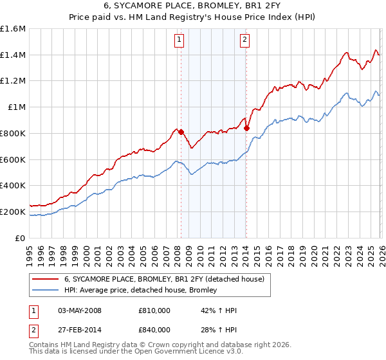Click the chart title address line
coord(192,6)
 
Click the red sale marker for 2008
coord(181,132)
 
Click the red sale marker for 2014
coord(246,128)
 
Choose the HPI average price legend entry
coord(140,291)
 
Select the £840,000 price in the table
coord(154,330)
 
